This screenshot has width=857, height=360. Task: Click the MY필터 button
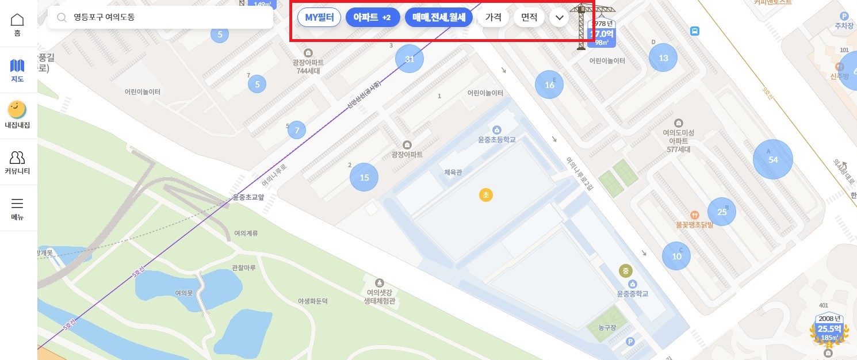click(x=319, y=17)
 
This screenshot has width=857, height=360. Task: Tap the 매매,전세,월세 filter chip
click(x=439, y=17)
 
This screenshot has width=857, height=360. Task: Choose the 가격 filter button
click(x=493, y=17)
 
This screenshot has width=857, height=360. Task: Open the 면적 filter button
click(x=529, y=17)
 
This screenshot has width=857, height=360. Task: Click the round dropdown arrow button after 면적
click(x=559, y=17)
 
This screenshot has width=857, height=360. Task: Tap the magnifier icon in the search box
click(x=62, y=17)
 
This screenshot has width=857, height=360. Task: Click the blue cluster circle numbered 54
click(x=773, y=159)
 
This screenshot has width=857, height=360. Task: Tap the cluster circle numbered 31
click(x=410, y=59)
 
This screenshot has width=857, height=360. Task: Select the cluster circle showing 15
click(x=364, y=177)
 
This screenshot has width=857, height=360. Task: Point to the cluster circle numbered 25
click(x=722, y=212)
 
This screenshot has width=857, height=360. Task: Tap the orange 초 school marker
click(x=486, y=195)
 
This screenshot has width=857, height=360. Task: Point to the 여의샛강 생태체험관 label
click(x=379, y=297)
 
